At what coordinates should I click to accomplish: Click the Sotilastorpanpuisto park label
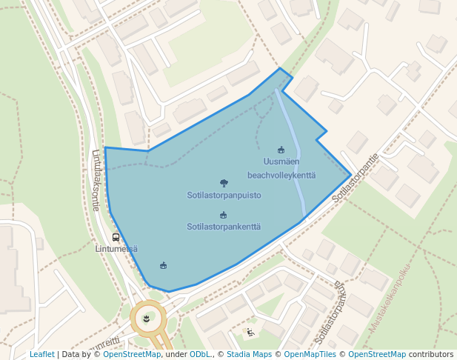[224, 196]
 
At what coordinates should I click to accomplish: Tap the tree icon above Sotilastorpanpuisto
[224, 182]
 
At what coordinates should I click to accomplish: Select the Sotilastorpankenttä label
[224, 227]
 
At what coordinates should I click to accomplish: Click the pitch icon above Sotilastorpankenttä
[223, 215]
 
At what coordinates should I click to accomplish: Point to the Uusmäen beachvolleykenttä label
[281, 168]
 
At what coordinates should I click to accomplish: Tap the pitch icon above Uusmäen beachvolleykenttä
[281, 150]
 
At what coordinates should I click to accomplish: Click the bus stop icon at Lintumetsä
[116, 237]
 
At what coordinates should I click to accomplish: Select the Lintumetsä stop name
[116, 249]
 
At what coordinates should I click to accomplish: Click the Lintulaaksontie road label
[96, 181]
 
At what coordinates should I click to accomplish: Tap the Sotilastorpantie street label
[356, 178]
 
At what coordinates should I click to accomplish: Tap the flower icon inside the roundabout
[147, 319]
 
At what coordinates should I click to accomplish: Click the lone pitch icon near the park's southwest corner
[164, 265]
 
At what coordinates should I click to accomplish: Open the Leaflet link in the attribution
[41, 354]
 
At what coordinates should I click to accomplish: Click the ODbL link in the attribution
[199, 354]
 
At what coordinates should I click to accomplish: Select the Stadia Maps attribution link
[250, 354]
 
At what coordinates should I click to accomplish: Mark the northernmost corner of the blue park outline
[279, 68]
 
